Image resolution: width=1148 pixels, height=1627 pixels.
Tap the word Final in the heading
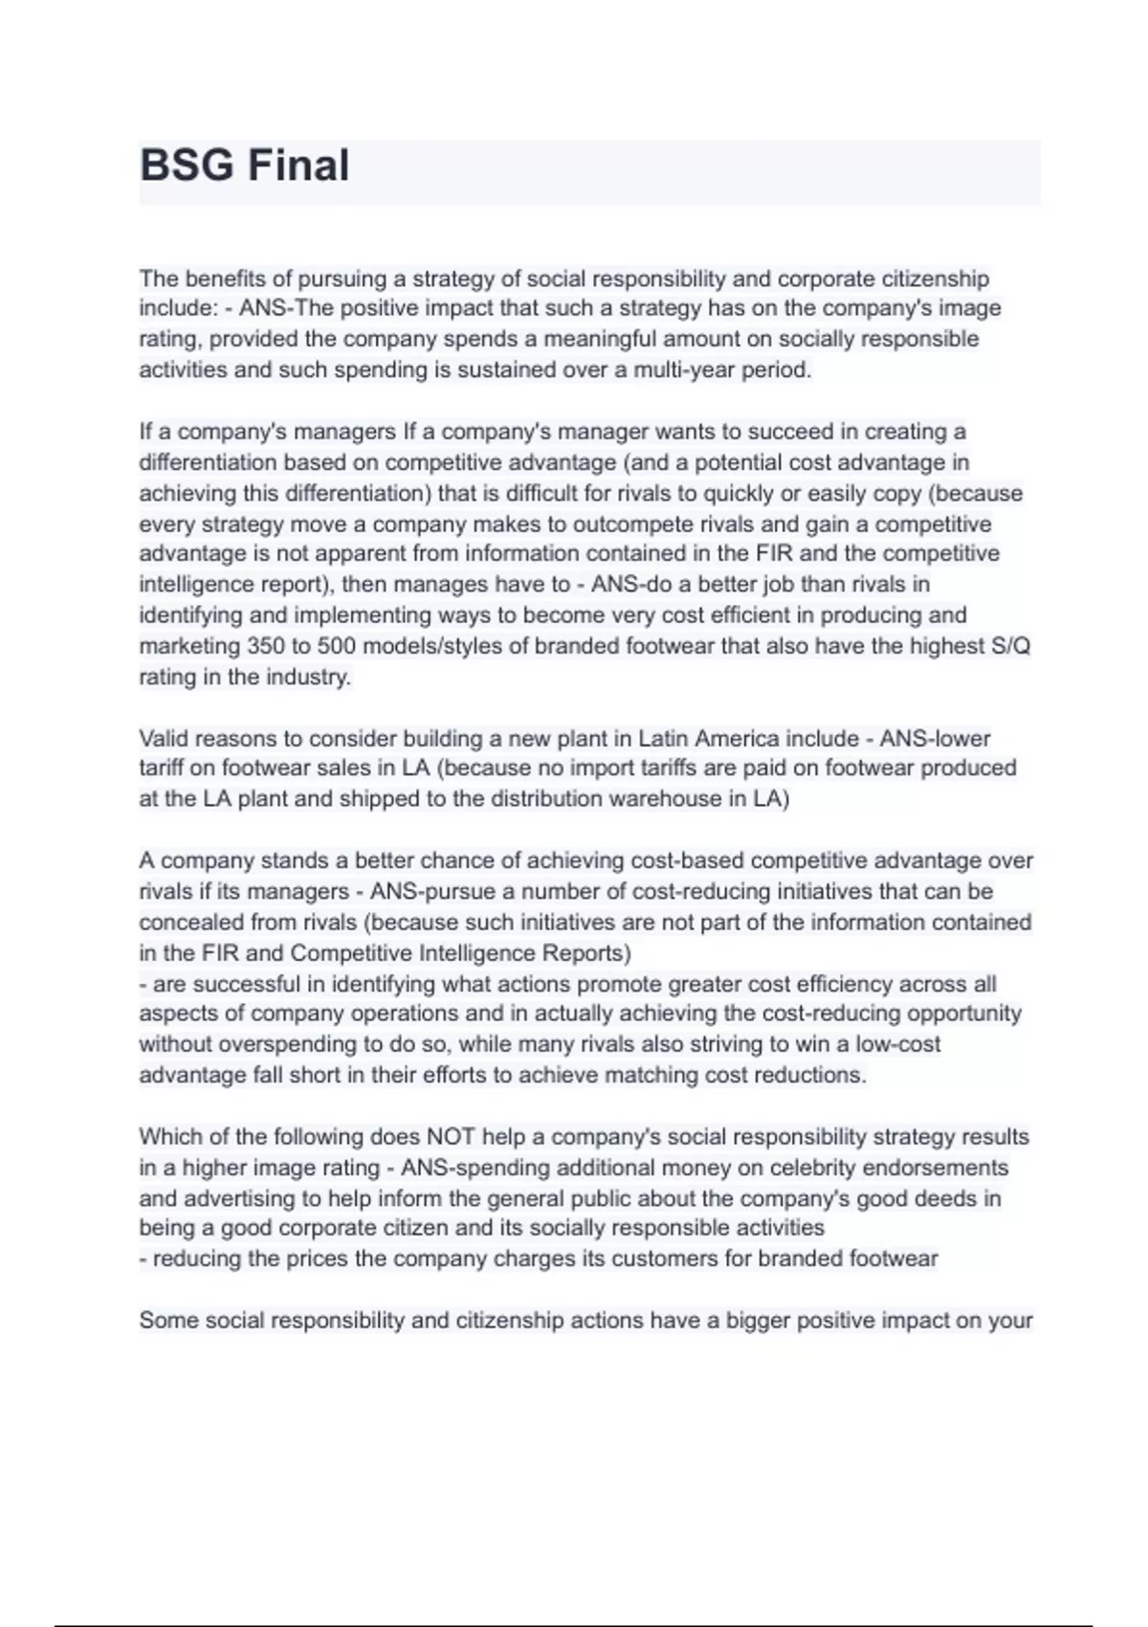pos(298,166)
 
